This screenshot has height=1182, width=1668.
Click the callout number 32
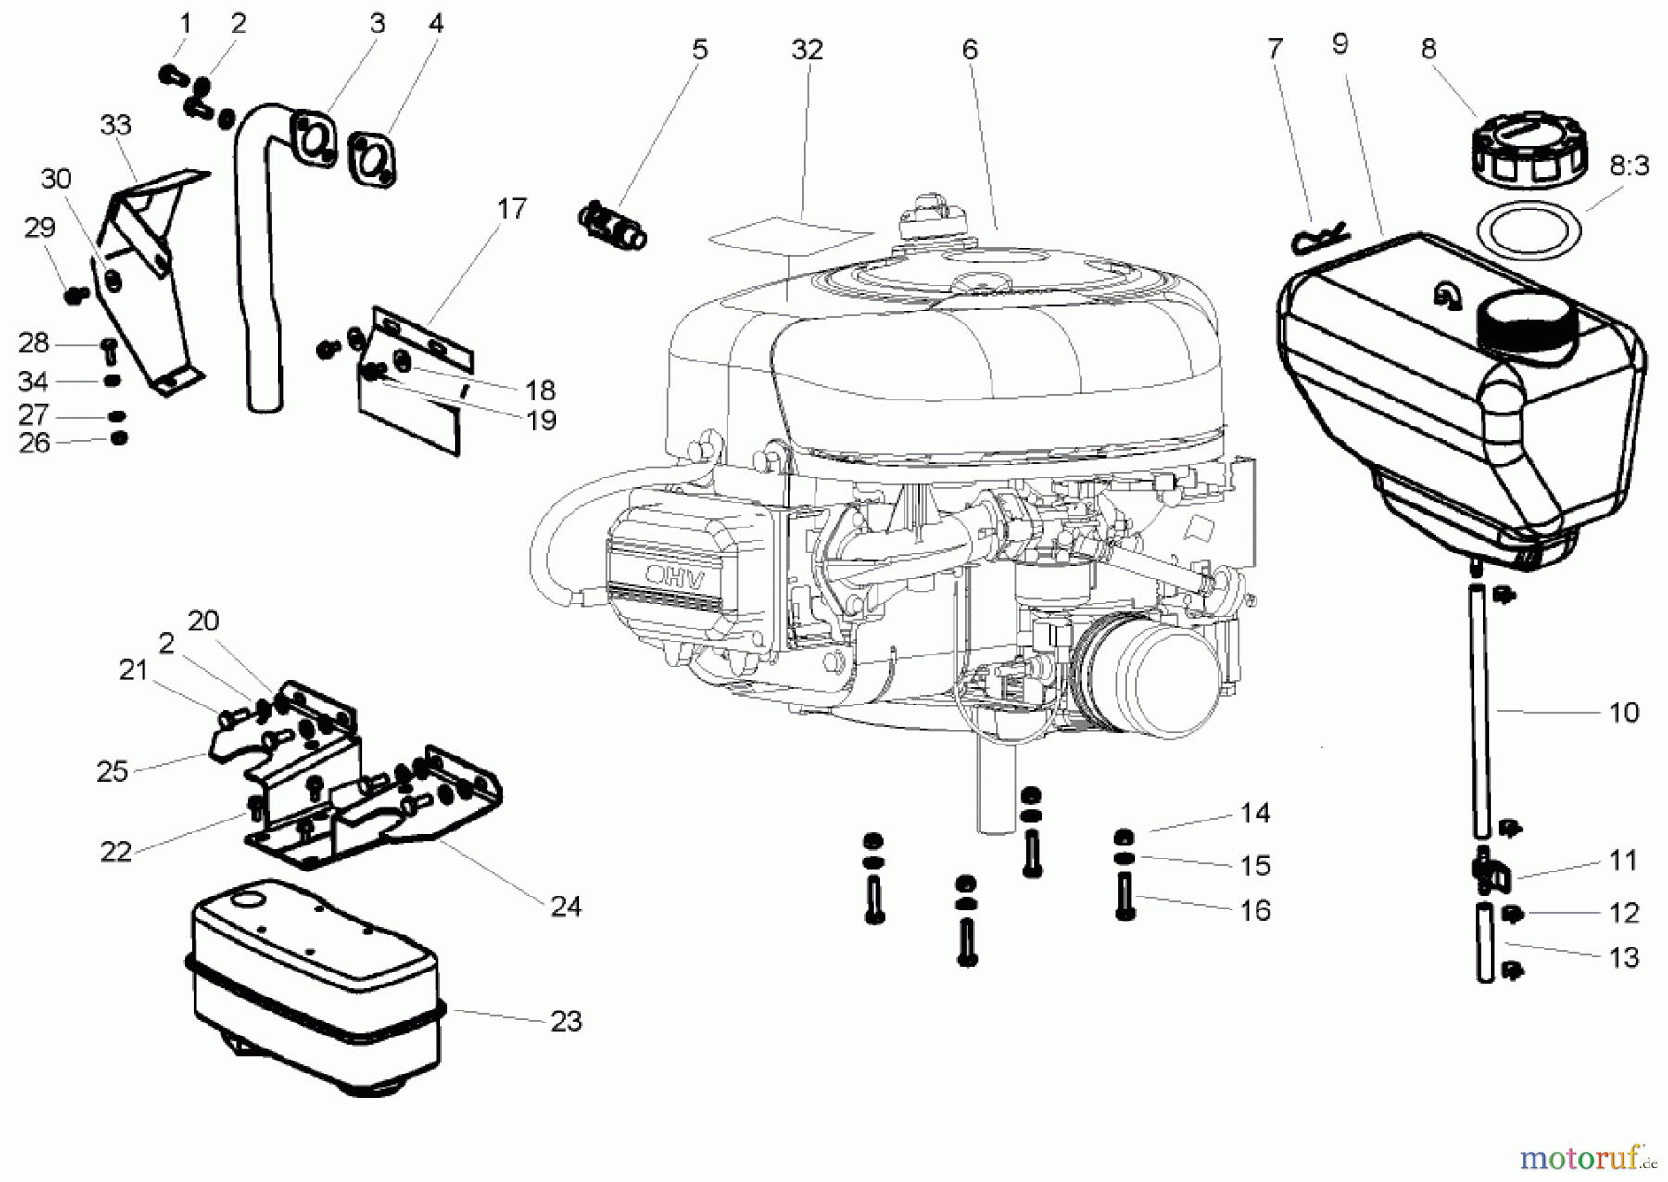[806, 50]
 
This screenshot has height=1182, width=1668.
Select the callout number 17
[512, 209]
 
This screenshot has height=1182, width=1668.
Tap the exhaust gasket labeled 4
[373, 159]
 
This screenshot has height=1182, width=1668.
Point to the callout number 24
[565, 906]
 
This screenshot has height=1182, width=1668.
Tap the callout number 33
[116, 125]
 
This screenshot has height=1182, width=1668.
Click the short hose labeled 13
[1485, 946]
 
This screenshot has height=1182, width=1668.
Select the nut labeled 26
[119, 438]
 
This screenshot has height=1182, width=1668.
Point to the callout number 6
[969, 50]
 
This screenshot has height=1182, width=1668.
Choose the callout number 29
[39, 228]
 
